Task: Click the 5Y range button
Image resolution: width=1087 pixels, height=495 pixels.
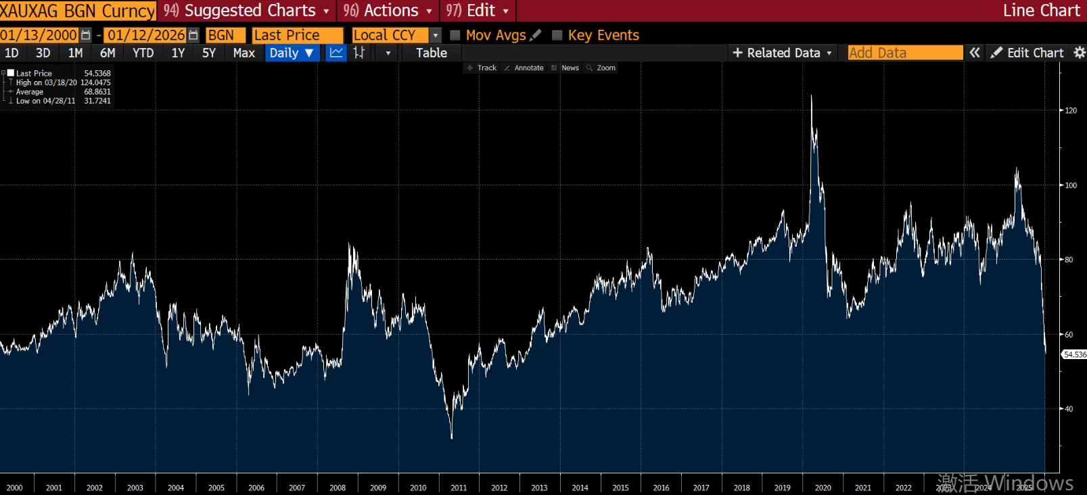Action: (x=208, y=53)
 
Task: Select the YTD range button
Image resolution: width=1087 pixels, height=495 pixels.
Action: (x=143, y=53)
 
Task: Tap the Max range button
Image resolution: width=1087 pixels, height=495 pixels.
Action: (x=244, y=53)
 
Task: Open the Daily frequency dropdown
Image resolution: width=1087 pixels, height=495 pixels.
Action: (x=292, y=53)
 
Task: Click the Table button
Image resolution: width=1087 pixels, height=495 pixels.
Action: (x=431, y=53)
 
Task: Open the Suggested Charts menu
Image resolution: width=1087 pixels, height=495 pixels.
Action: (x=248, y=11)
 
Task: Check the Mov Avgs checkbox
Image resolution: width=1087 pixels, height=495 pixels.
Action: (x=455, y=35)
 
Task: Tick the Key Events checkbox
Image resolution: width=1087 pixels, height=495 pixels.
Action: (x=557, y=35)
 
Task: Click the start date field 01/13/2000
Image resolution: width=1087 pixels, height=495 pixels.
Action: (x=39, y=35)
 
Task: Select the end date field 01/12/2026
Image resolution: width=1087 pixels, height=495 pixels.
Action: (x=146, y=35)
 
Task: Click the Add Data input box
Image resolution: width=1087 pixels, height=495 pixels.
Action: (x=904, y=53)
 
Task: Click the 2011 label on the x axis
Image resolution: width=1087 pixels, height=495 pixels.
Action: (x=459, y=488)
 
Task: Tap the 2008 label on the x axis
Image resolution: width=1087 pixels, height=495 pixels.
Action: (x=338, y=488)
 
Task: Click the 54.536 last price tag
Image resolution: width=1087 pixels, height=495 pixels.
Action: (x=1074, y=354)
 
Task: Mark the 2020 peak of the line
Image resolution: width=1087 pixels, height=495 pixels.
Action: (x=812, y=96)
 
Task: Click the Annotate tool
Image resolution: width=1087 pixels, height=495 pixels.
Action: (x=524, y=68)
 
